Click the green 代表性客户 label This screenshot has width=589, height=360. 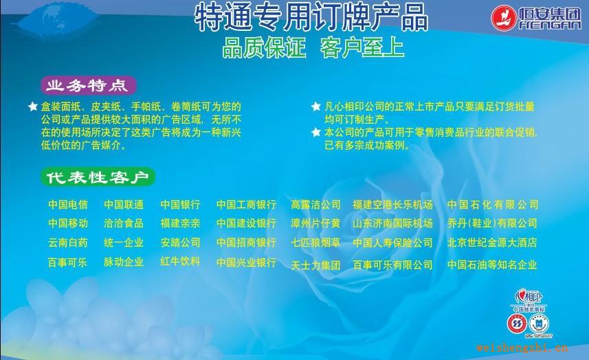[x=97, y=177]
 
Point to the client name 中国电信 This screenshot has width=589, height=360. [x=68, y=205]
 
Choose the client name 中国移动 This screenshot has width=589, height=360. [x=68, y=223]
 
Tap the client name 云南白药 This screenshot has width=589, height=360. [x=68, y=243]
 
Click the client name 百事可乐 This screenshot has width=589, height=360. [x=68, y=262]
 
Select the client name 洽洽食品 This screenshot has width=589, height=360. [x=124, y=223]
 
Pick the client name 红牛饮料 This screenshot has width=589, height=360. [x=180, y=261]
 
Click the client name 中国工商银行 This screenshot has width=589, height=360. [x=246, y=205]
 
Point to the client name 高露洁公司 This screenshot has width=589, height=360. [x=315, y=205]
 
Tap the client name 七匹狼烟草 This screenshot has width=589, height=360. [x=315, y=243]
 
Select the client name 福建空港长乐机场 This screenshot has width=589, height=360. [x=392, y=205]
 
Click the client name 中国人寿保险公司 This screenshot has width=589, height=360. [x=392, y=243]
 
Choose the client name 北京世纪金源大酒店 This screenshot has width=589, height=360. [x=491, y=243]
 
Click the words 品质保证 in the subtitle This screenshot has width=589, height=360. [x=262, y=49]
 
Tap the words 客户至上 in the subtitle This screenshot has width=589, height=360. [x=362, y=49]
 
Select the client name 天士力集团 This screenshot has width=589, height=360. [x=315, y=265]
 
